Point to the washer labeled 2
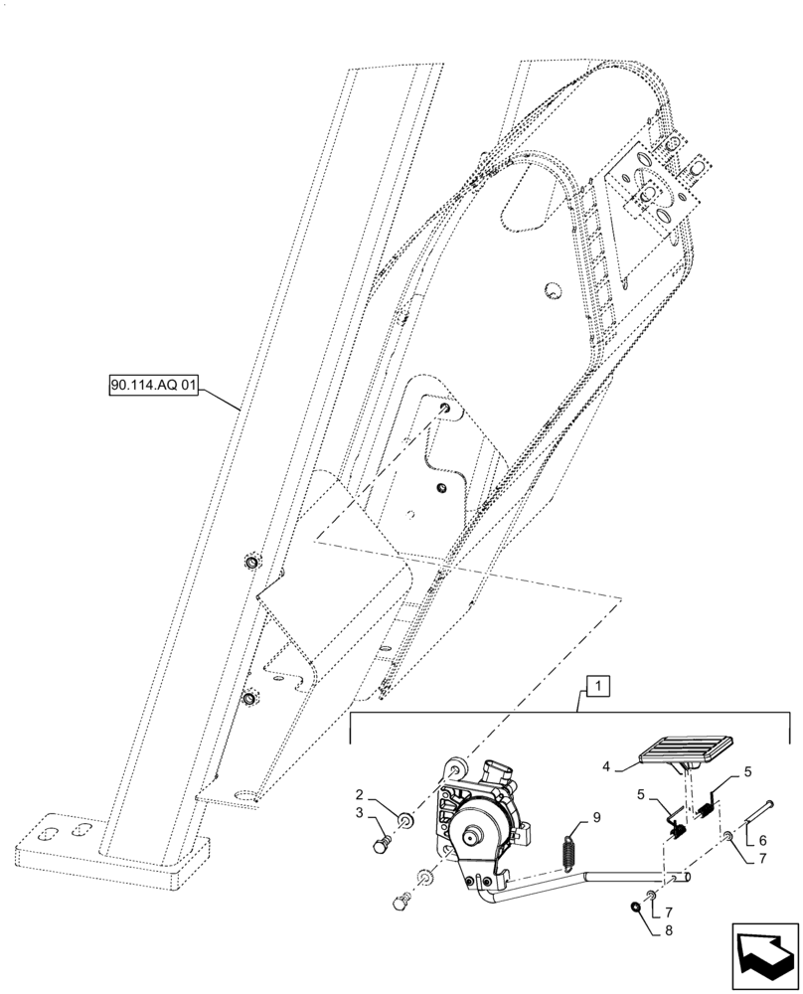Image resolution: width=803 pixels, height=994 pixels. pyautogui.click(x=405, y=818)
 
